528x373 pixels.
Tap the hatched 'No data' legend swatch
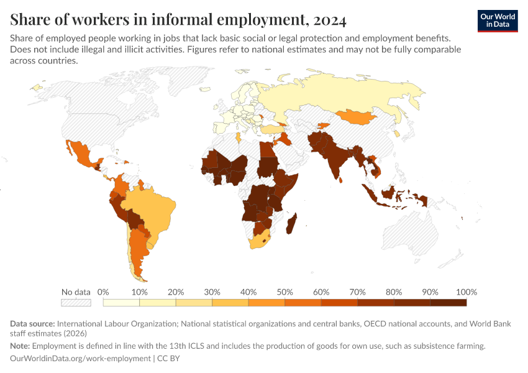[x=76, y=303]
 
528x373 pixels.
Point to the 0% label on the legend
[x=104, y=292]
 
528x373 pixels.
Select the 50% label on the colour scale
[x=284, y=292]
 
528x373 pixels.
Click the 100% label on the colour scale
[x=466, y=292]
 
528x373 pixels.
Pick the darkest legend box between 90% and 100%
[x=448, y=303]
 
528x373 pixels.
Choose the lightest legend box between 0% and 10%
[x=121, y=303]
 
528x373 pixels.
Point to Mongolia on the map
[x=357, y=116]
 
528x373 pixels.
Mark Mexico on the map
[x=81, y=155]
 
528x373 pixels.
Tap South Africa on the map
[x=262, y=240]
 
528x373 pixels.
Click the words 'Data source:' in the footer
[x=32, y=324]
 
